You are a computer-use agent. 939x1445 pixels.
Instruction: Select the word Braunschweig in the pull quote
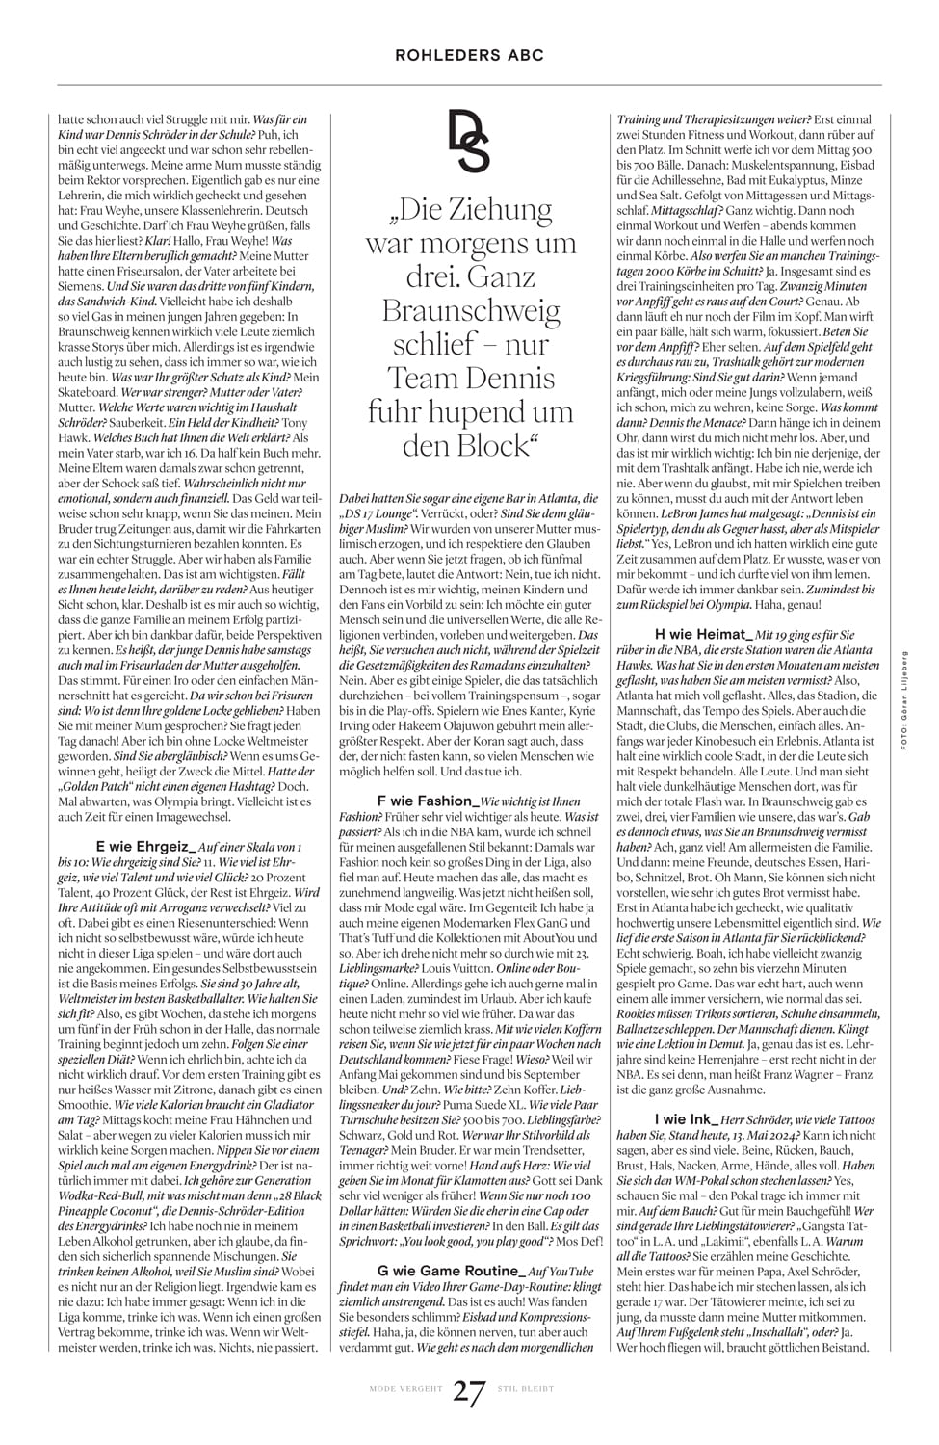pyautogui.click(x=471, y=310)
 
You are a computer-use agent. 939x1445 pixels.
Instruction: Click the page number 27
pyautogui.click(x=469, y=1393)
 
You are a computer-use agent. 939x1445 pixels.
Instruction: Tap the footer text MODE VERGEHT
pyautogui.click(x=405, y=1389)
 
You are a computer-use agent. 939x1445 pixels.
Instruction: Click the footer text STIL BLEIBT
pyautogui.click(x=526, y=1389)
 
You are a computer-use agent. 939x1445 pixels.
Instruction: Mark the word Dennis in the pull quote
pyautogui.click(x=511, y=378)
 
